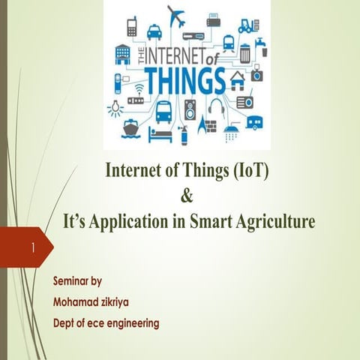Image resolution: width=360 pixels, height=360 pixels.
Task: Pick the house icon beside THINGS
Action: click(x=238, y=79)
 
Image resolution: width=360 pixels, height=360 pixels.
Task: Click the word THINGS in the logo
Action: click(x=184, y=79)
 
